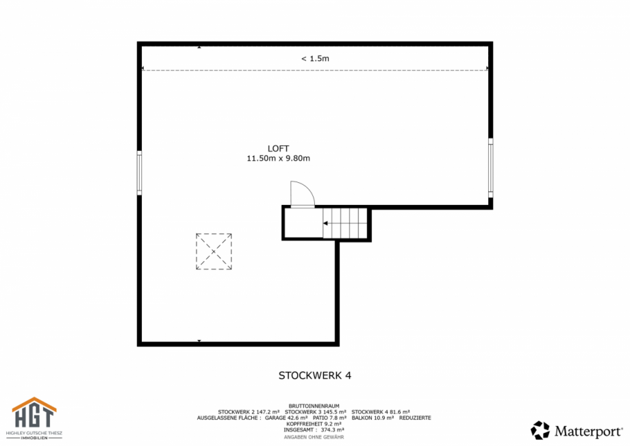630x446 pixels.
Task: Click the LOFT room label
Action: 278,149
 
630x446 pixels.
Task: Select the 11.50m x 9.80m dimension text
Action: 278,158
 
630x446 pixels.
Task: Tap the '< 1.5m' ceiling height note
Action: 315,58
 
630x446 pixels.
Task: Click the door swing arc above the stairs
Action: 301,194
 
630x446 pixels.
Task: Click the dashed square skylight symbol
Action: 214,251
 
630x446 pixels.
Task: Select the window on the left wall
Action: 139,173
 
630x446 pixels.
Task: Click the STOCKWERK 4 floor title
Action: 315,375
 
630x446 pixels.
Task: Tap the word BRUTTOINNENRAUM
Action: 315,406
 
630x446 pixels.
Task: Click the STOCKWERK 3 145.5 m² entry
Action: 315,412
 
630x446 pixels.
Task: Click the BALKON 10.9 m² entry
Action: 373,417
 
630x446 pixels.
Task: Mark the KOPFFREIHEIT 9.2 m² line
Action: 315,424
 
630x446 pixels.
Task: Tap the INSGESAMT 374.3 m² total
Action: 315,430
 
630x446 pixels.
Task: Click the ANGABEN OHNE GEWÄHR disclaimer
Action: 315,437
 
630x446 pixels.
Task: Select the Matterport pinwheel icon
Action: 540,430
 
